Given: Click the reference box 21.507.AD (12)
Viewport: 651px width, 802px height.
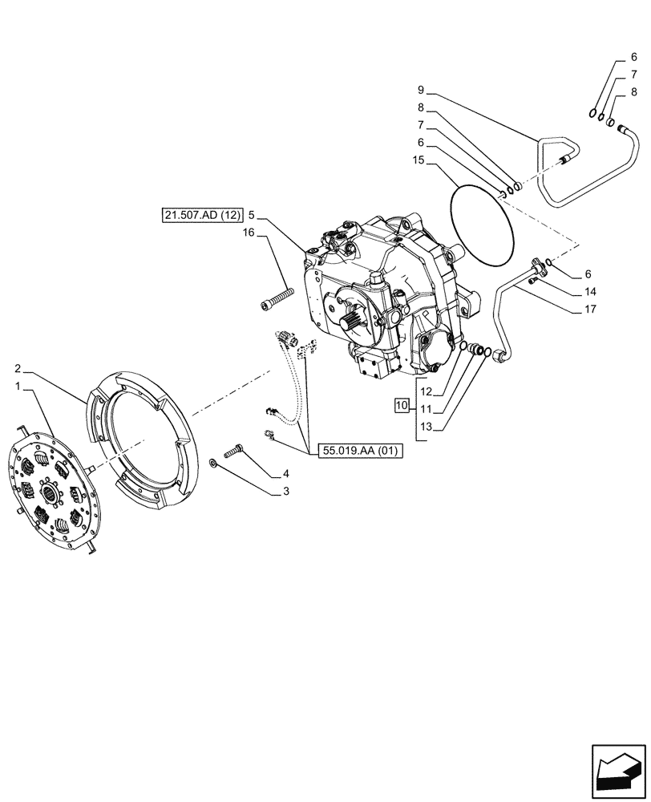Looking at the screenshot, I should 200,215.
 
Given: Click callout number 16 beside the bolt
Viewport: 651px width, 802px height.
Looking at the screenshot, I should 249,232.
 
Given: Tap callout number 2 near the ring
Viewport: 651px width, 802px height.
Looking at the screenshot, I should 18,368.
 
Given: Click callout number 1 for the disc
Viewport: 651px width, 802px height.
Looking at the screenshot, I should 18,387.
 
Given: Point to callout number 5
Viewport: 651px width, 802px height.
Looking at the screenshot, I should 251,215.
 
